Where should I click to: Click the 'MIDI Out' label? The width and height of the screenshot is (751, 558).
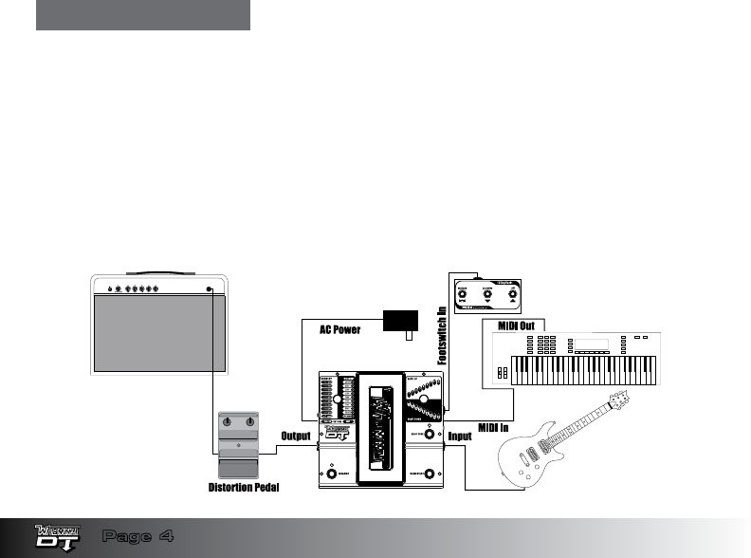[516, 326]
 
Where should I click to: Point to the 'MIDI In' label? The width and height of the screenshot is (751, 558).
[494, 429]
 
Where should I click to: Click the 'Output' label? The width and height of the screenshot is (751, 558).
[297, 437]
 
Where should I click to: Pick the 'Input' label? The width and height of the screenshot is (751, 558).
[461, 437]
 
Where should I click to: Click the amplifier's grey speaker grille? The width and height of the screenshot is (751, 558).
[157, 332]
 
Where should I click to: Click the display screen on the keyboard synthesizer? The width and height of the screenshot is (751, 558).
[594, 344]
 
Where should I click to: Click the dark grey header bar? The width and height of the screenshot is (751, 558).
[143, 15]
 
